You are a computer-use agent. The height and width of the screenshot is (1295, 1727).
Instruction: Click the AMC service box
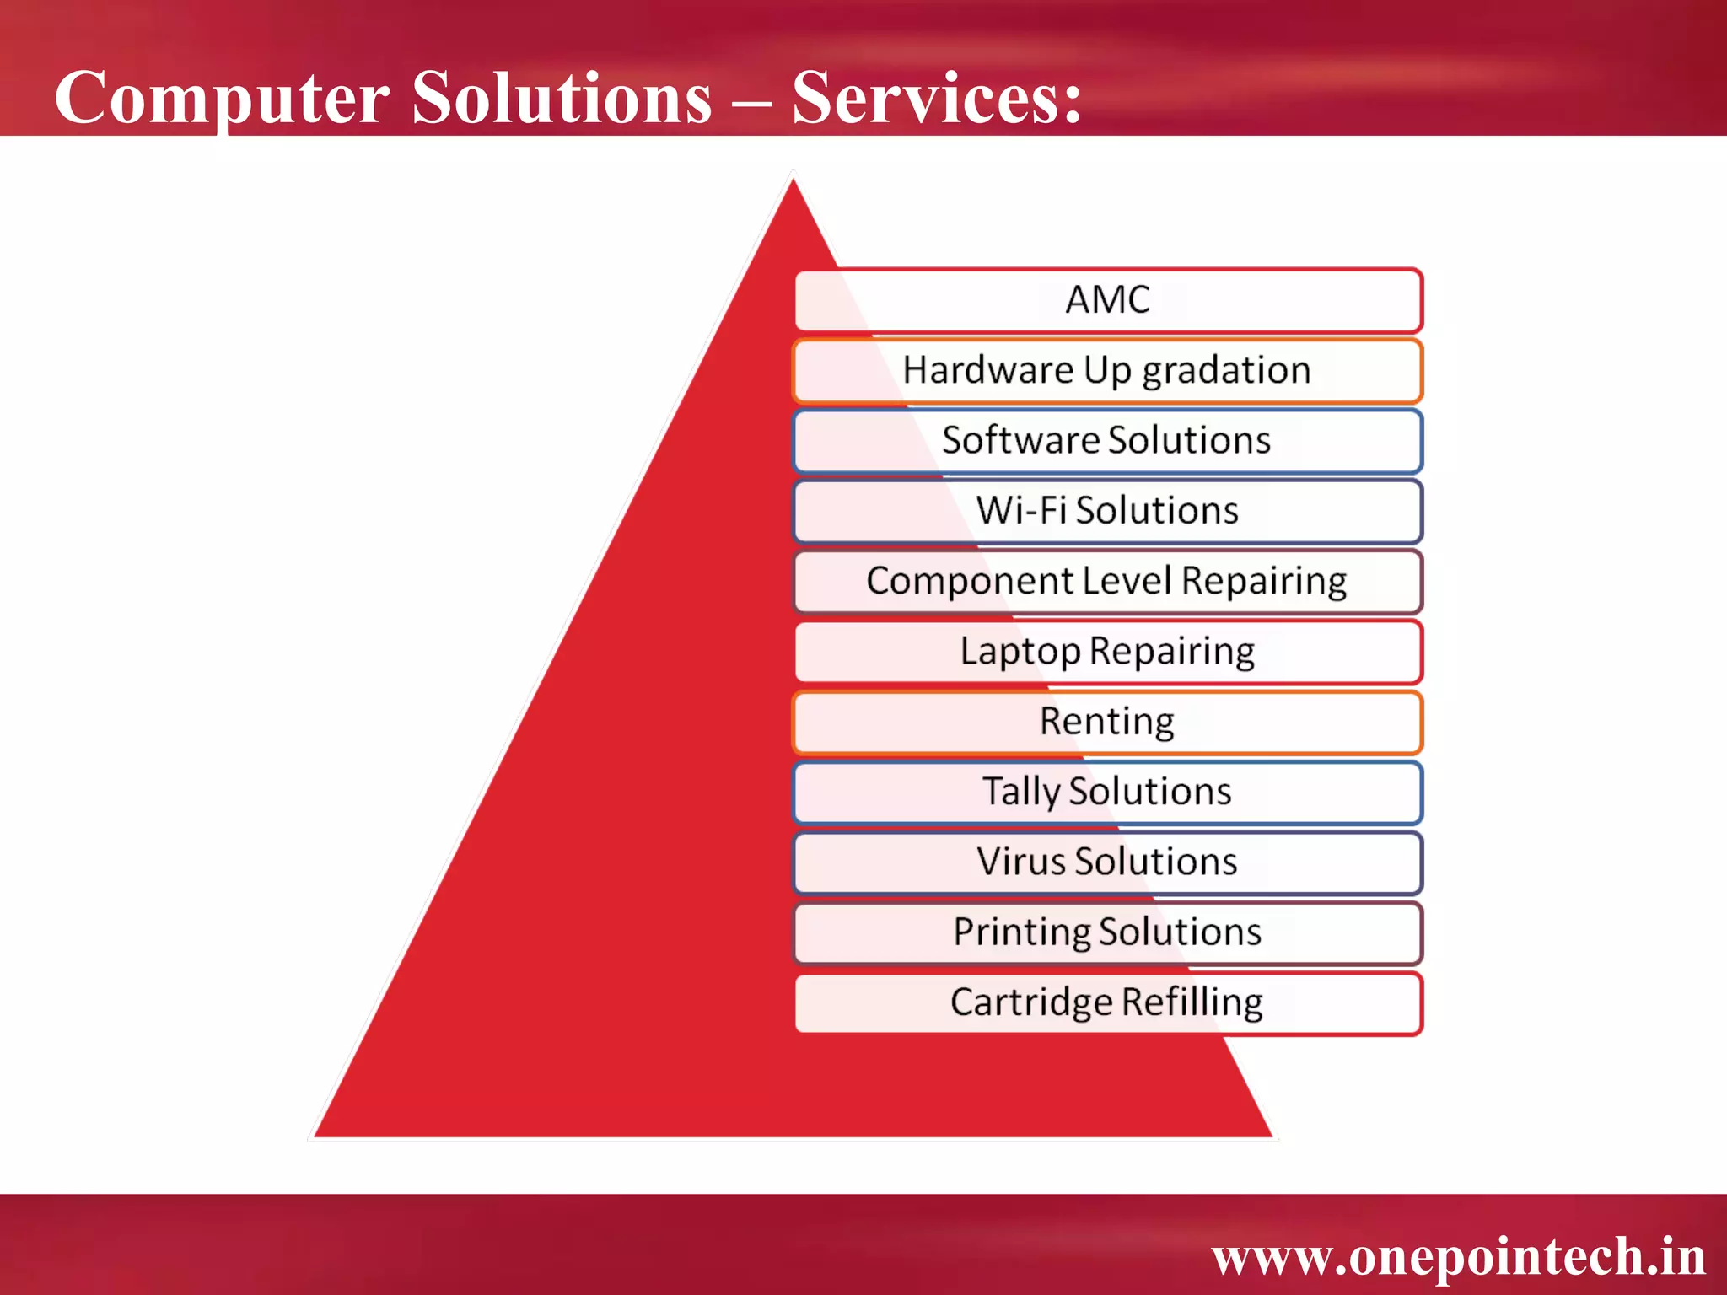tap(1108, 300)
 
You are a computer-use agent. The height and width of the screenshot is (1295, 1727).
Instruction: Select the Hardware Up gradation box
tap(1108, 371)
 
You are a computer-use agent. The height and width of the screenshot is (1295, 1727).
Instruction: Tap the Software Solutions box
tap(1108, 441)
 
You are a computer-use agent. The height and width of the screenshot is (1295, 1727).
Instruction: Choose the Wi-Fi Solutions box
tap(1108, 511)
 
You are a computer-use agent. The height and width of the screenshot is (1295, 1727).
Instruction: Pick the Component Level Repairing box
tap(1108, 582)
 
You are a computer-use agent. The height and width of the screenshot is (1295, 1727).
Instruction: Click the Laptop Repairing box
tap(1108, 652)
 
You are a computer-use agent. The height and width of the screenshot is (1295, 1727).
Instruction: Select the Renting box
tap(1108, 722)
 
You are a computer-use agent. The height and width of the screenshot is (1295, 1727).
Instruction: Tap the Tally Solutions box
tap(1108, 793)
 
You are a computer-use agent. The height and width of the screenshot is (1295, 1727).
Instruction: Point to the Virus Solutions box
tap(1108, 862)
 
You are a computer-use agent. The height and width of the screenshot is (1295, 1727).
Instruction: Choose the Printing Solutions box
tap(1108, 932)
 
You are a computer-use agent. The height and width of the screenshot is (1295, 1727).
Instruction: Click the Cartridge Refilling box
tap(1108, 1003)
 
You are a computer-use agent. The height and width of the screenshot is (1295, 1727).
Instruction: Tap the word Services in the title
tap(928, 98)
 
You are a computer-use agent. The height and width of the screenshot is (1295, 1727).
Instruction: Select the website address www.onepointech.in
tap(1458, 1257)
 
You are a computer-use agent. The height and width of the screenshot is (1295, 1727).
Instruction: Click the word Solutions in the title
tap(562, 98)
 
